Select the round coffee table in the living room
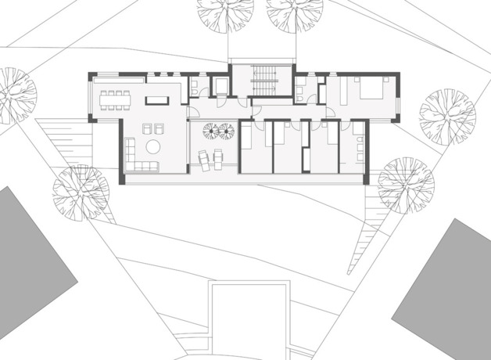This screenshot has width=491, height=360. [153, 146]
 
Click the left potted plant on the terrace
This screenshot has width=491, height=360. [211, 131]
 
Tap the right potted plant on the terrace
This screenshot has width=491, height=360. [227, 131]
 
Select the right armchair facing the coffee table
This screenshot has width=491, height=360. [160, 128]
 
